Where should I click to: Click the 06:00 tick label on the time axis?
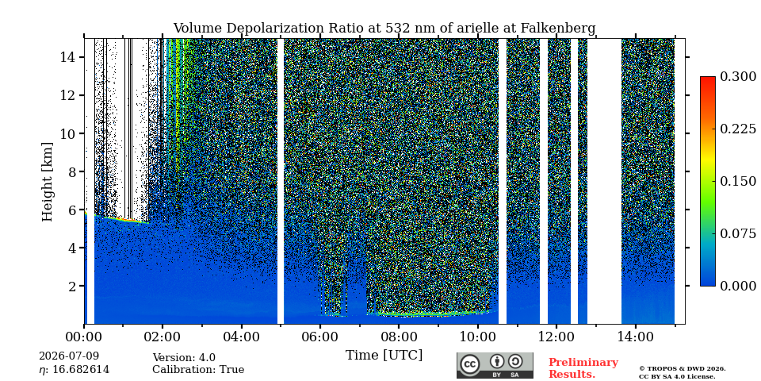(319, 337)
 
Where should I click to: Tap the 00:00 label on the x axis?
(84, 337)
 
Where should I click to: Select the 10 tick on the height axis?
(67, 133)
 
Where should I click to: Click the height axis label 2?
(71, 286)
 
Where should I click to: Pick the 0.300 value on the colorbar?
(738, 77)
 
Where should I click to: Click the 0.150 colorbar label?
(738, 181)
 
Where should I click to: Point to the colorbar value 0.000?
(738, 286)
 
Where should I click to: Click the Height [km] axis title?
(47, 181)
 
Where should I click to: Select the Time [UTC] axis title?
(384, 356)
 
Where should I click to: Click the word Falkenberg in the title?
(558, 29)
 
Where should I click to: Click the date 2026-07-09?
(69, 356)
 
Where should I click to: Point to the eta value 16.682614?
(75, 370)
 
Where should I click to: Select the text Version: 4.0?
(184, 358)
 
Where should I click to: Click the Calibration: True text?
(198, 370)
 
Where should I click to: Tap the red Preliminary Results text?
(583, 368)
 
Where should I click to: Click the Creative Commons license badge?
(495, 365)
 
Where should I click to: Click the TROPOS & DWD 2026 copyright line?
(683, 369)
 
